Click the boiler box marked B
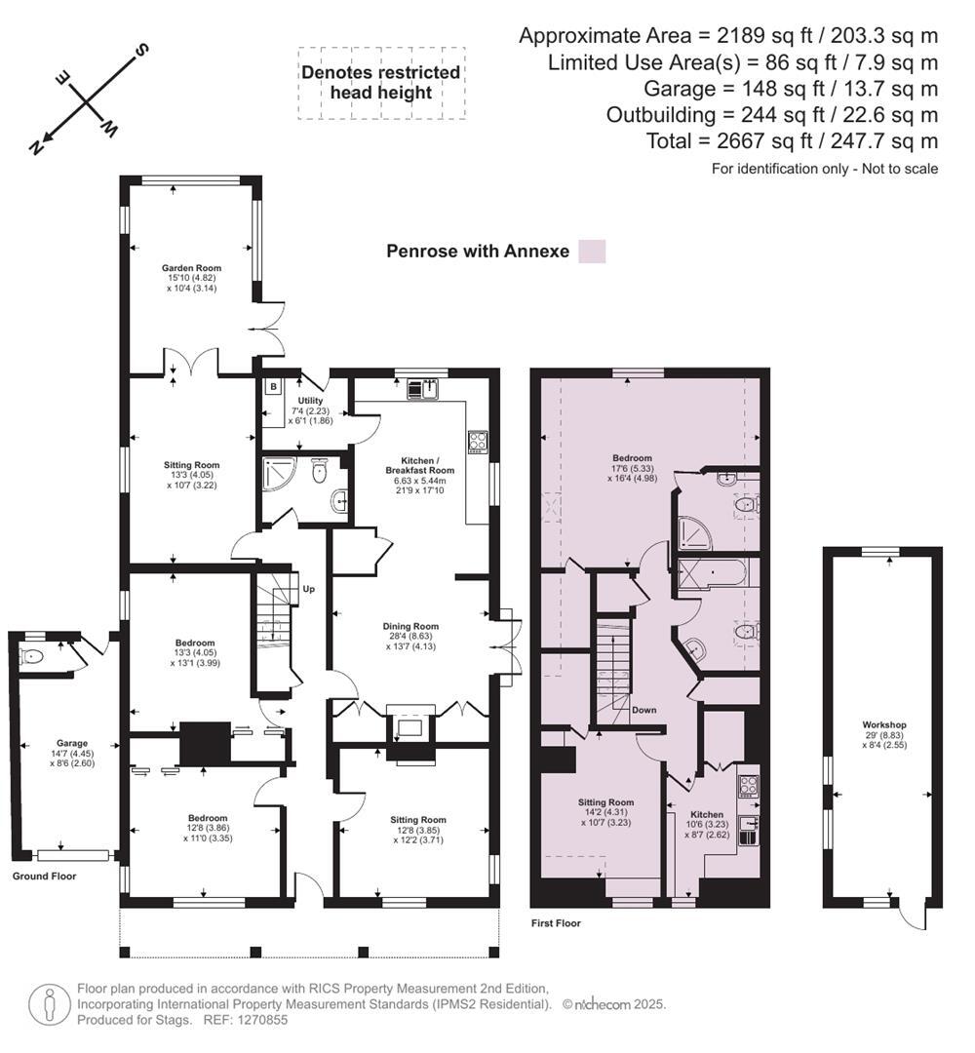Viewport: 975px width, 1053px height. (273, 387)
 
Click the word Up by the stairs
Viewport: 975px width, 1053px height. (309, 589)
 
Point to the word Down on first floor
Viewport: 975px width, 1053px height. (643, 710)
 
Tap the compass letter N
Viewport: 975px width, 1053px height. (36, 147)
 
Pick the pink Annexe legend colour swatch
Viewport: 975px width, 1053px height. (592, 251)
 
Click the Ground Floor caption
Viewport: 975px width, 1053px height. (44, 876)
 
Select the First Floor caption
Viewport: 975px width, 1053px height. (556, 922)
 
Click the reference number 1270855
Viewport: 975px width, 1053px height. (260, 1020)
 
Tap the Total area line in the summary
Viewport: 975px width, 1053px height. (792, 141)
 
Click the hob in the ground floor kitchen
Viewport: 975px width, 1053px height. (479, 441)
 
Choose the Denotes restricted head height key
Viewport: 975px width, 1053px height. (380, 83)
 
